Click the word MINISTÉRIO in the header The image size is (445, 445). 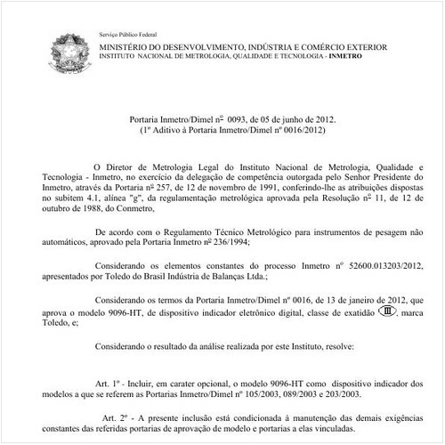125,44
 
